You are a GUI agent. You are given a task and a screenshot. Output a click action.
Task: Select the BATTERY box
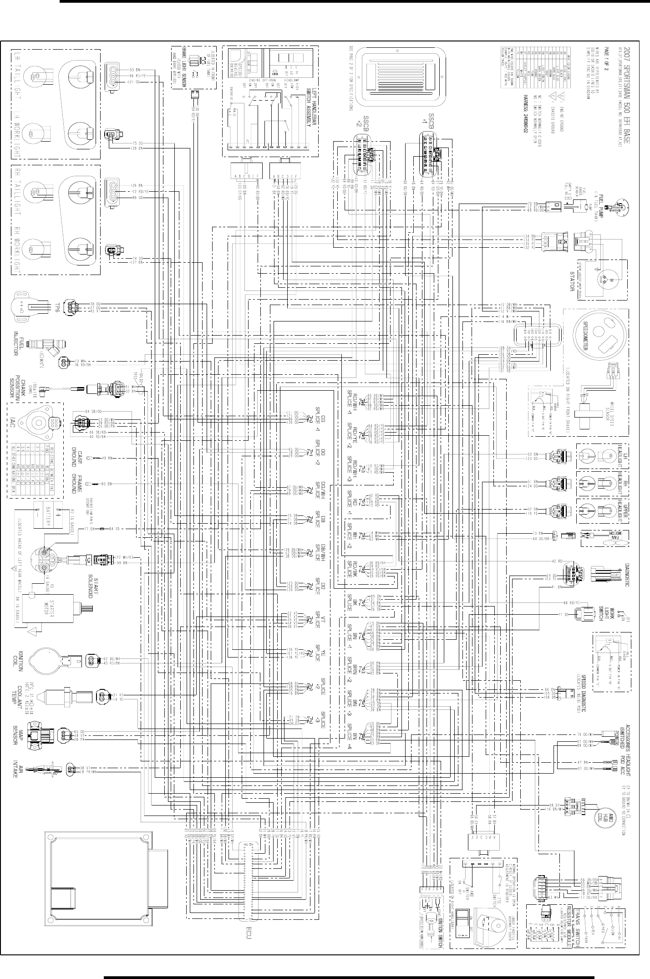click(x=48, y=515)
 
